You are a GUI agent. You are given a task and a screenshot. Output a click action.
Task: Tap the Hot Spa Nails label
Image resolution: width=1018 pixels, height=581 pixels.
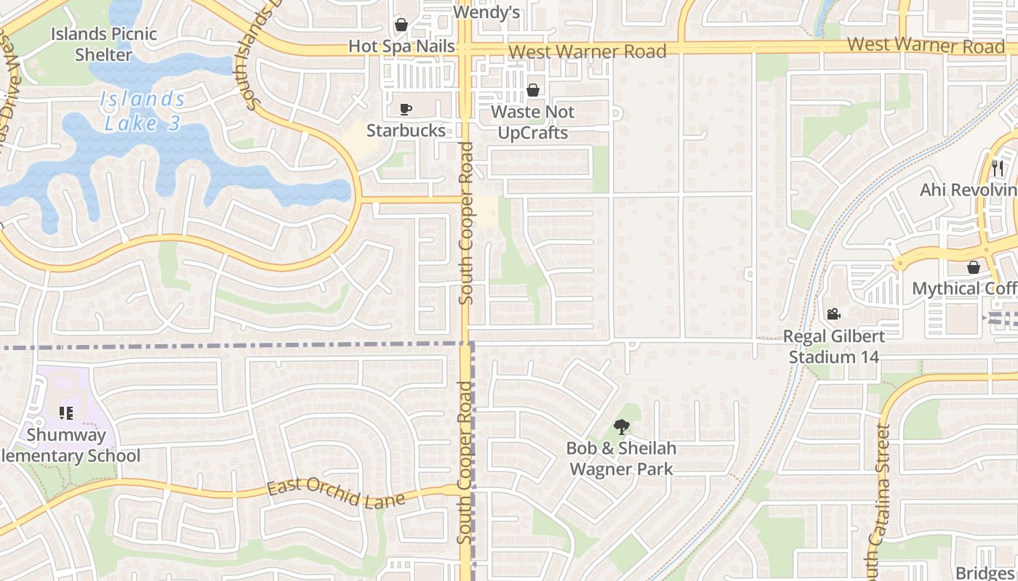(x=401, y=46)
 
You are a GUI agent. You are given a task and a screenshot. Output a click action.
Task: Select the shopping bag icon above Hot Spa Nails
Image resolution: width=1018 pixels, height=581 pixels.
(x=401, y=25)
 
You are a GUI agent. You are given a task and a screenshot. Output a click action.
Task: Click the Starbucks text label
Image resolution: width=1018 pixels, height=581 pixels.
(x=406, y=130)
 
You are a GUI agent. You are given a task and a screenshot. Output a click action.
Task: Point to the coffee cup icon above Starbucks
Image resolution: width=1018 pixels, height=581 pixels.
(x=406, y=110)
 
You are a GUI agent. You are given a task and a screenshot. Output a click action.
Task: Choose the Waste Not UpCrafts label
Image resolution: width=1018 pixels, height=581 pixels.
(x=532, y=122)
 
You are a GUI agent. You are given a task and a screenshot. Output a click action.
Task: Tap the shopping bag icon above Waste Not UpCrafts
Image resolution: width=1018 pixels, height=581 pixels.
(x=533, y=90)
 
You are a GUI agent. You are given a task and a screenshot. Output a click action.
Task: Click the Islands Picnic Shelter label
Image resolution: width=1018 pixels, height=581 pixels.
(x=104, y=44)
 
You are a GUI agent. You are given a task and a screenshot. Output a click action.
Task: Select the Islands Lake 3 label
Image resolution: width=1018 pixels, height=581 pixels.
(x=143, y=110)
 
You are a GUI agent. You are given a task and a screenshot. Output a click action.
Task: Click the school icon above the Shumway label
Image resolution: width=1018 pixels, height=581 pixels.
(x=66, y=413)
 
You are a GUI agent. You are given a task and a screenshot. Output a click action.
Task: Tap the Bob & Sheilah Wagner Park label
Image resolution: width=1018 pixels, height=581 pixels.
(x=621, y=458)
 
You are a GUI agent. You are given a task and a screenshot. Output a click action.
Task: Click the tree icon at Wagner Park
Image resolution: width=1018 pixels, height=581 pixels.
(x=621, y=427)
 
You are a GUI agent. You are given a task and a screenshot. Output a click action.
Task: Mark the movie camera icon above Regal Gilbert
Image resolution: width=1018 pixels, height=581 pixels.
(x=833, y=314)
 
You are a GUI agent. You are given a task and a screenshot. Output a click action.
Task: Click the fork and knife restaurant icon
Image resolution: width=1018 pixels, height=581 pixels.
(x=997, y=168)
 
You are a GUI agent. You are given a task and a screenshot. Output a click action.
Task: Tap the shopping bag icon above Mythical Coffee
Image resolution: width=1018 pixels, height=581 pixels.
(x=974, y=267)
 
